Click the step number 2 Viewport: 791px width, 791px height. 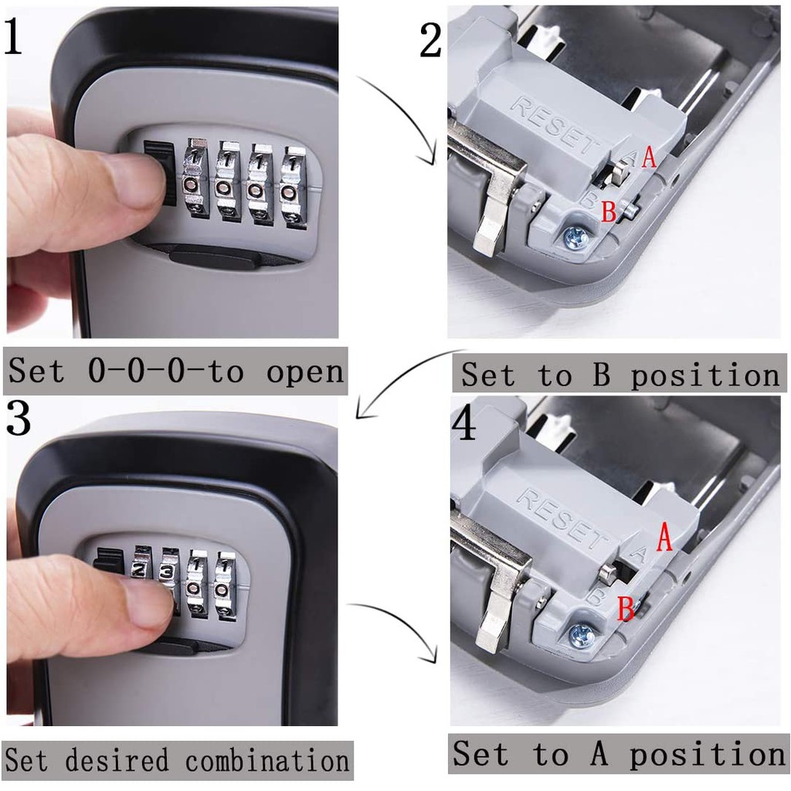point(431,40)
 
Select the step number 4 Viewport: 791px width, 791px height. point(464,423)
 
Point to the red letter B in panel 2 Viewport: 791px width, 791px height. point(609,212)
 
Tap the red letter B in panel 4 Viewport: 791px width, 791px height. point(626,608)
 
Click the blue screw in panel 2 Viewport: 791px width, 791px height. point(575,236)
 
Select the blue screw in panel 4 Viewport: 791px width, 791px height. point(581,635)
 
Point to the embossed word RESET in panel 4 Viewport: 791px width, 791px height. point(561,517)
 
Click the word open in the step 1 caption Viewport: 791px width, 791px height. point(304,372)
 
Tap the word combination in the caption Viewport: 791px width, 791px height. point(266,760)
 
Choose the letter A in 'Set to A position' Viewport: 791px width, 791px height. point(599,754)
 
